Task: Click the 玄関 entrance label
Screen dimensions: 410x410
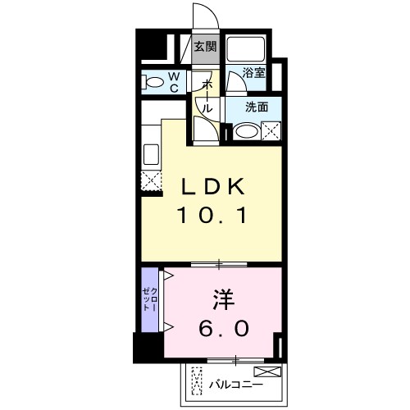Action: coord(205,47)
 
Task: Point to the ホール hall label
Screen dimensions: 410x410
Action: coord(207,97)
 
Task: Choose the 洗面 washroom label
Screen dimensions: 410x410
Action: coord(257,106)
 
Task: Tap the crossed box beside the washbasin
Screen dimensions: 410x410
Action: coord(271,130)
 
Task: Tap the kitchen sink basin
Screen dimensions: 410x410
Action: coord(151,155)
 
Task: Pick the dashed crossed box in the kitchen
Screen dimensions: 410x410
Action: coord(150,181)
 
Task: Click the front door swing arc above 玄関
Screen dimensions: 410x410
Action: coord(203,16)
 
